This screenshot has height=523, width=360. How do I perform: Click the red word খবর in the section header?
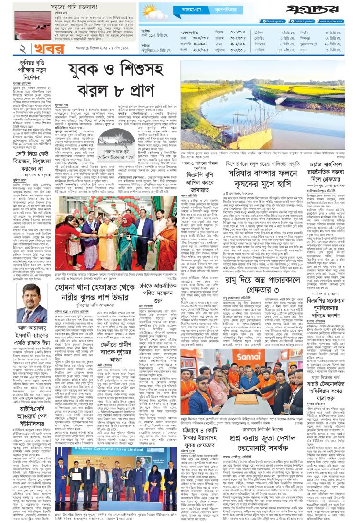coord(30,49)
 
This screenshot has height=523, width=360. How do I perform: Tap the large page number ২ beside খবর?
coord(9,49)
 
